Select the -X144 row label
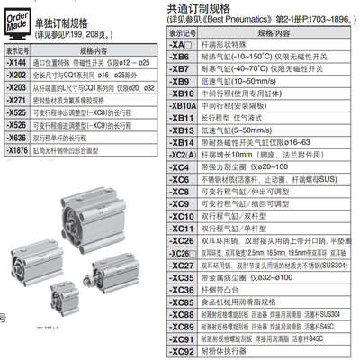[x=16, y=61]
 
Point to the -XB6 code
[x=182, y=57]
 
